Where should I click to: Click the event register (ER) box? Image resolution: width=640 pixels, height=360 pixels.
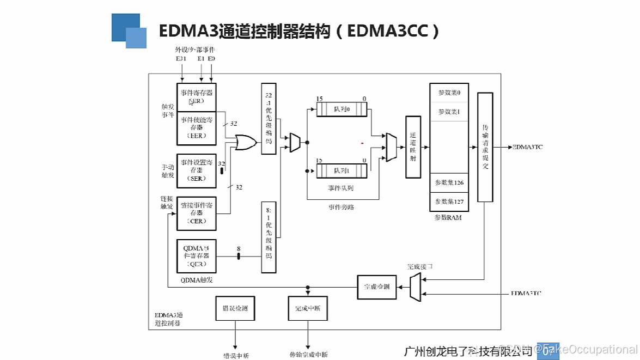pyautogui.click(x=197, y=96)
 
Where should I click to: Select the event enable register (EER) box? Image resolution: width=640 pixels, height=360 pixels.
pyautogui.click(x=197, y=127)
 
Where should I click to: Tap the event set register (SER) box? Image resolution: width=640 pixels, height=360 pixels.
pyautogui.click(x=197, y=170)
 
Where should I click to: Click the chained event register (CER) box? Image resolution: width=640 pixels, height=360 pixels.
pyautogui.click(x=197, y=213)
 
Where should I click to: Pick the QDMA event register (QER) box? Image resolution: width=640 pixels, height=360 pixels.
pyautogui.click(x=197, y=256)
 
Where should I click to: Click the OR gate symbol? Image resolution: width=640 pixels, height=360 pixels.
pyautogui.click(x=246, y=143)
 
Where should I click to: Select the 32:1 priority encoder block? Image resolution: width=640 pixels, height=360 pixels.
pyautogui.click(x=269, y=119)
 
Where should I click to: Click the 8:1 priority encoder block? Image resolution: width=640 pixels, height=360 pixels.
pyautogui.click(x=269, y=236)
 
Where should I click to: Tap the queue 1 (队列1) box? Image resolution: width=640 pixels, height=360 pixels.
pyautogui.click(x=342, y=170)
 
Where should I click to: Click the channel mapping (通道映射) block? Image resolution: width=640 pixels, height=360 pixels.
pyautogui.click(x=413, y=147)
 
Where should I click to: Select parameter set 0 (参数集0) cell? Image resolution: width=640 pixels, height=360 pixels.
pyautogui.click(x=449, y=93)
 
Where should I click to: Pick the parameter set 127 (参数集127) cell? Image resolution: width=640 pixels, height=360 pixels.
pyautogui.click(x=449, y=202)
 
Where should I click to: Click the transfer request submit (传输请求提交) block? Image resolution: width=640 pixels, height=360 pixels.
pyautogui.click(x=485, y=147)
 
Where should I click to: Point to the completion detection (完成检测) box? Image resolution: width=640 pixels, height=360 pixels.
pyautogui.click(x=377, y=286)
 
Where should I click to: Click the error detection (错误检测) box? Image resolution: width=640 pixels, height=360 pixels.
pyautogui.click(x=235, y=309)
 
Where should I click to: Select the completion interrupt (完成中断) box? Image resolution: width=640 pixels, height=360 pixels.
pyautogui.click(x=308, y=309)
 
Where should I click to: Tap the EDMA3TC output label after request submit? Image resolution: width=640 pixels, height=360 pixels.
pyautogui.click(x=527, y=147)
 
